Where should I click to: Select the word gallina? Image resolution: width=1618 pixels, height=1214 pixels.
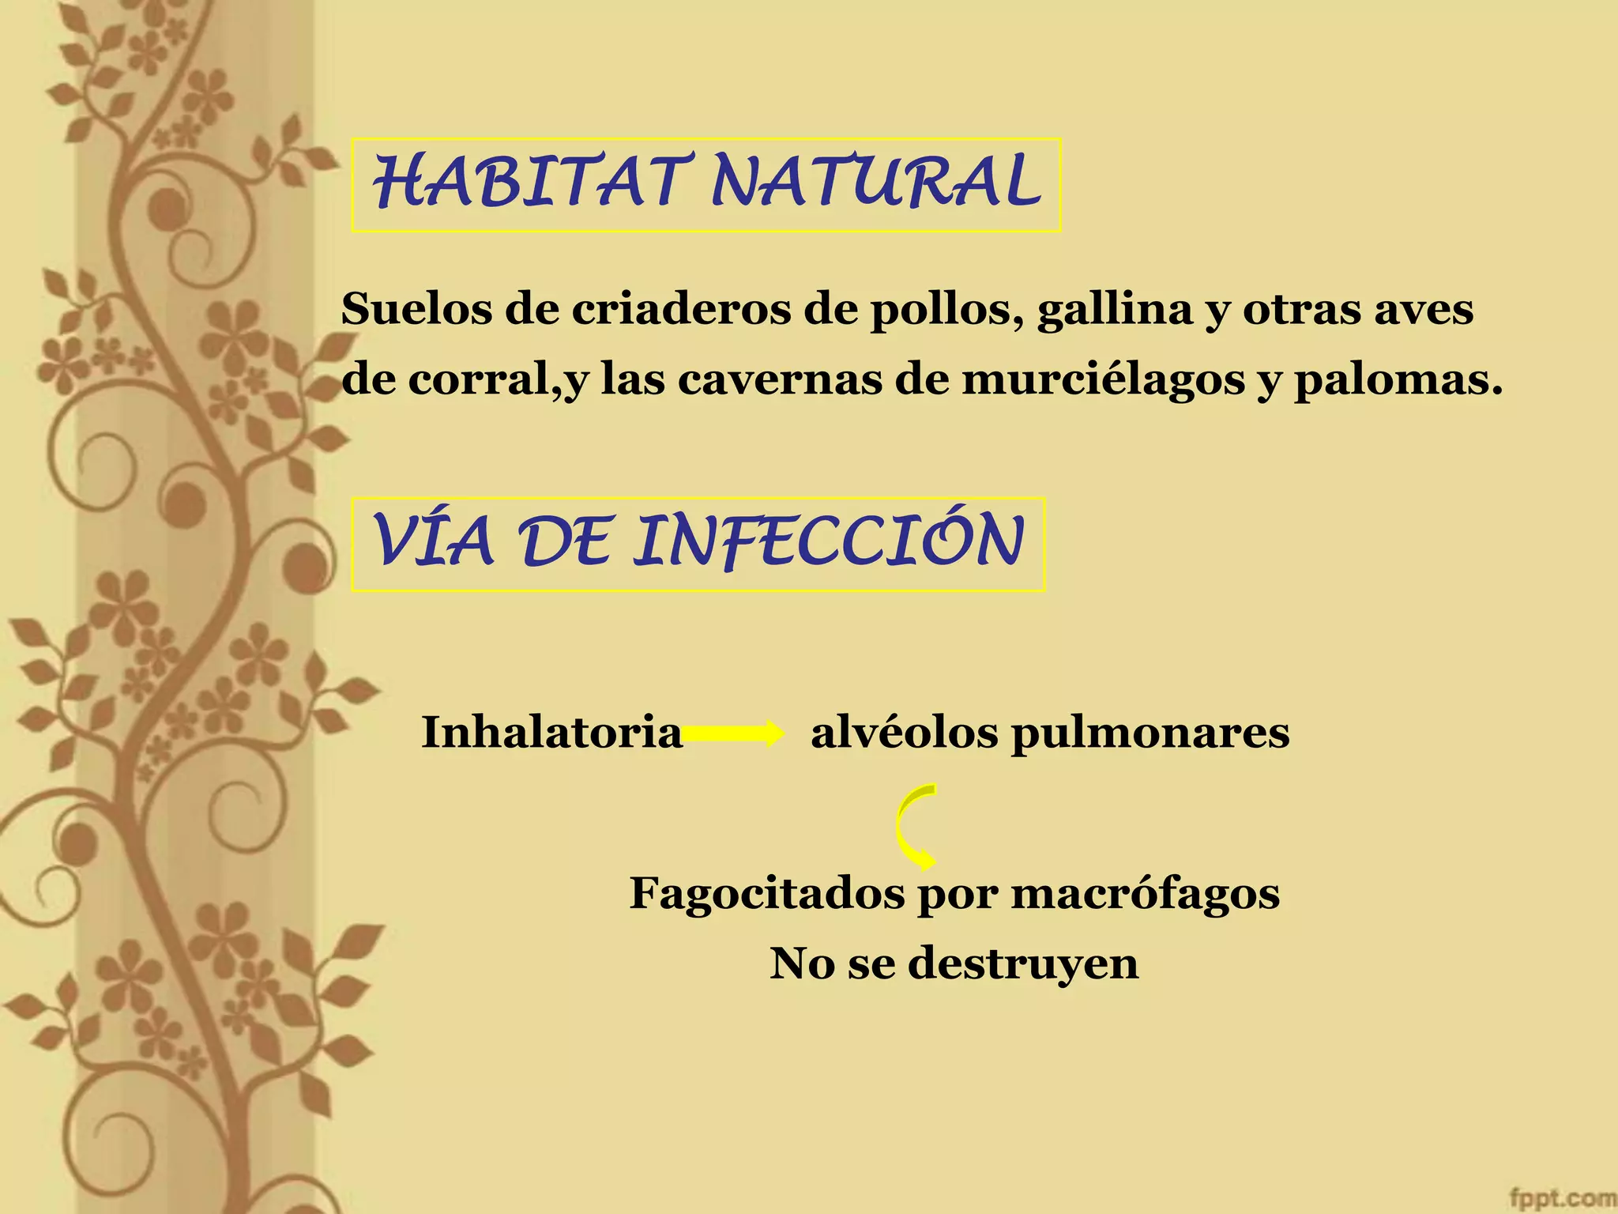1115,311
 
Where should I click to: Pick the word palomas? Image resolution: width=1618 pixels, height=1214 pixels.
1397,381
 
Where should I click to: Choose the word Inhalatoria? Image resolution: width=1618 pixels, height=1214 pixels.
551,732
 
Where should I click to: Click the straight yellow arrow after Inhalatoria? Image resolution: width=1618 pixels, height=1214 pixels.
732,733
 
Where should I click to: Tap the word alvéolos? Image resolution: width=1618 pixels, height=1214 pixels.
904,732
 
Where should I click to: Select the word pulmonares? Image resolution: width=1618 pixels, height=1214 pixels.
1150,733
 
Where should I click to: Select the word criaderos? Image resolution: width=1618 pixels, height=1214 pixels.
681,309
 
